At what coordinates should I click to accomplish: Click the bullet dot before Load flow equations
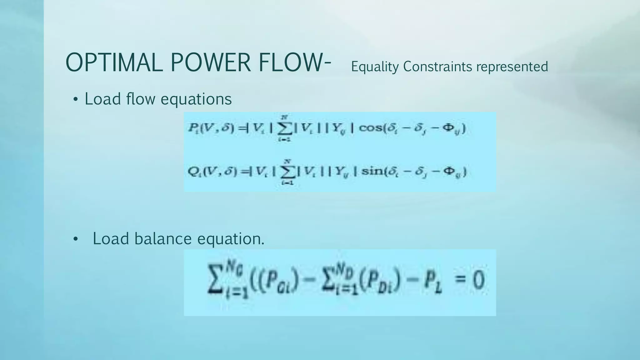75,100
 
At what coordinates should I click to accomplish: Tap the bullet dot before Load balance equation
75,239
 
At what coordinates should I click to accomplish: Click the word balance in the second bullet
163,239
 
